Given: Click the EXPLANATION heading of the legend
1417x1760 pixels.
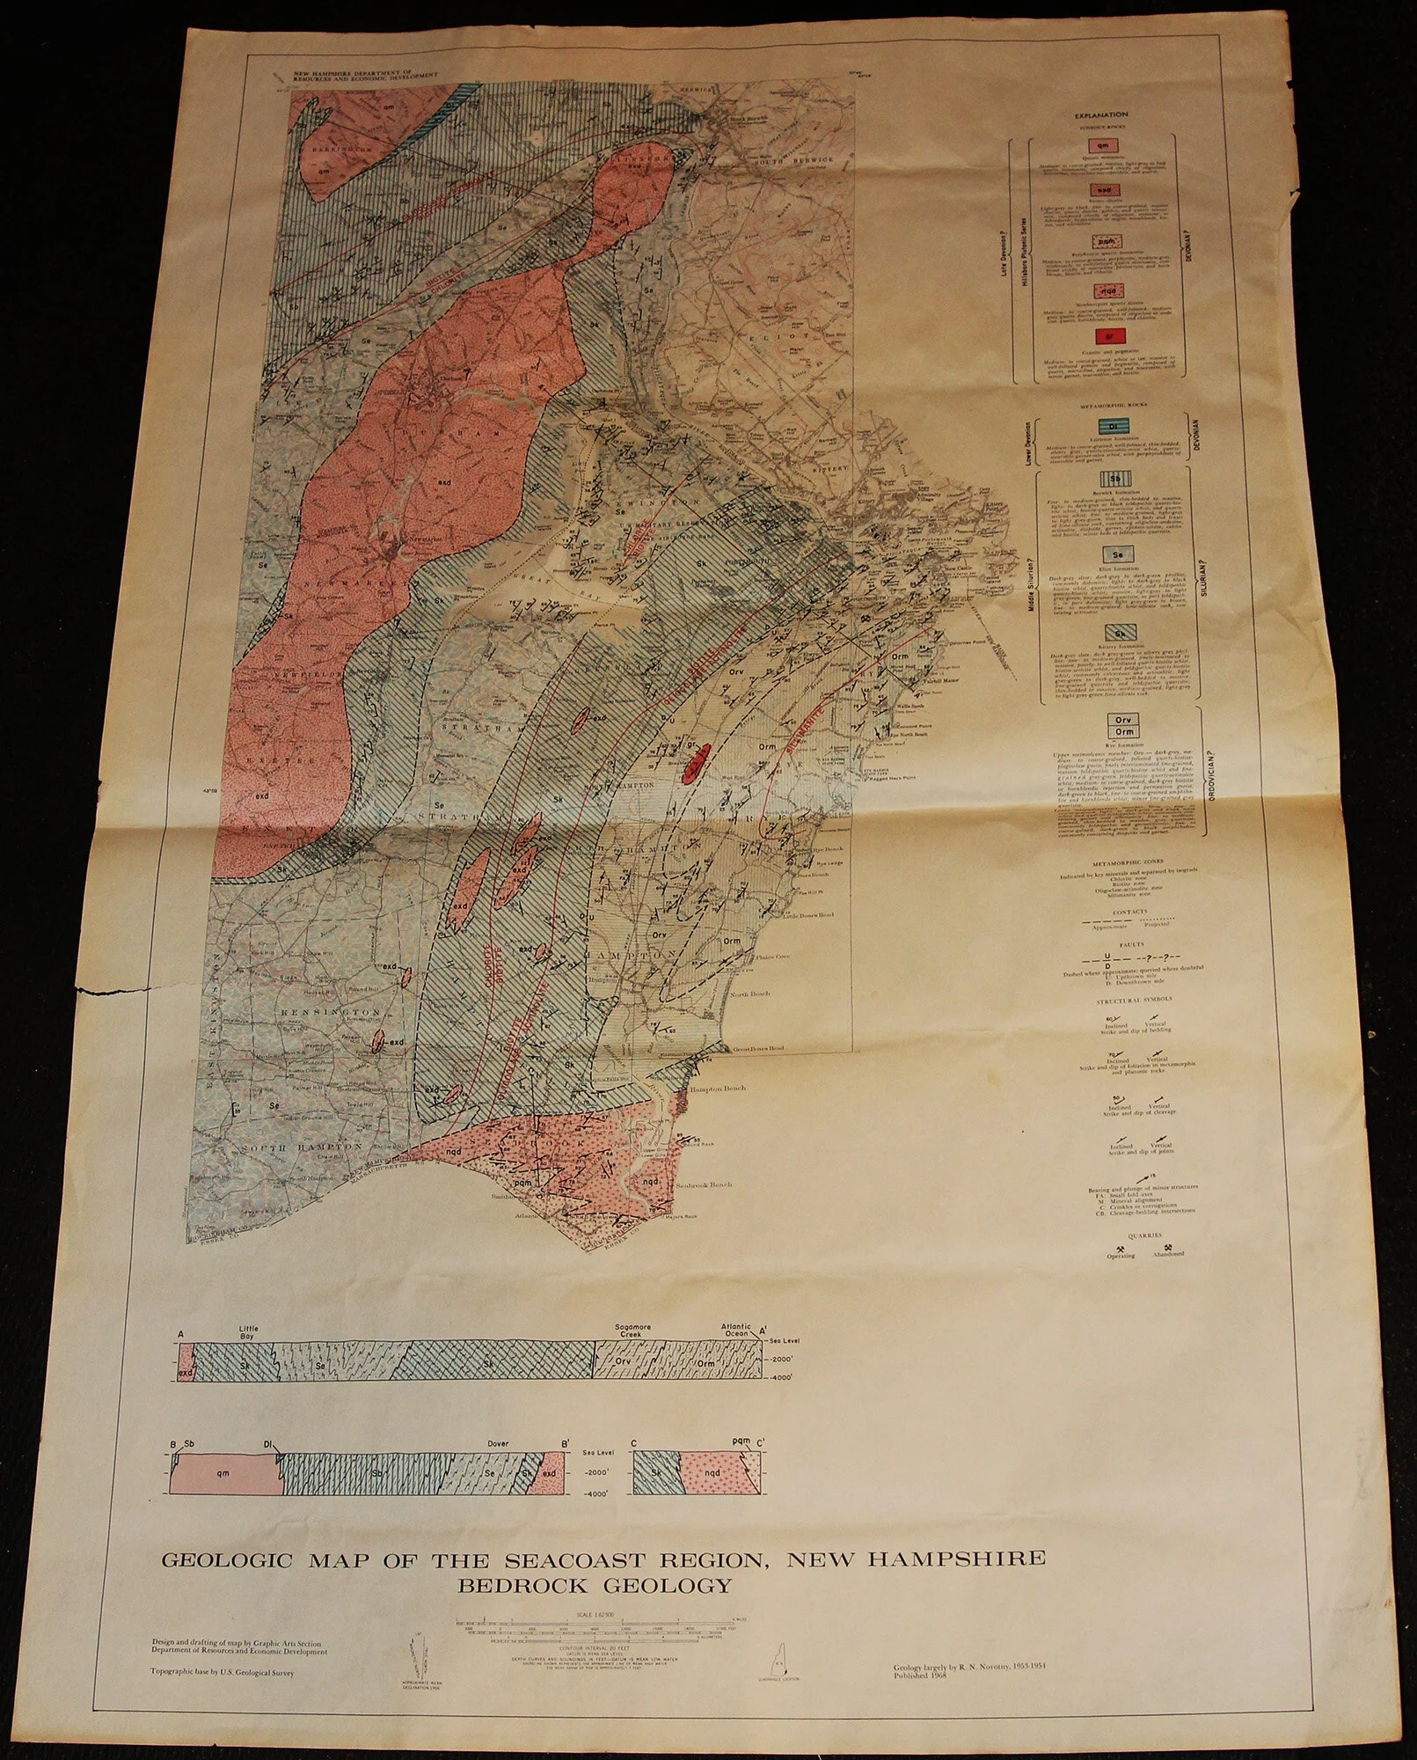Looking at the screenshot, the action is (x=1106, y=114).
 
